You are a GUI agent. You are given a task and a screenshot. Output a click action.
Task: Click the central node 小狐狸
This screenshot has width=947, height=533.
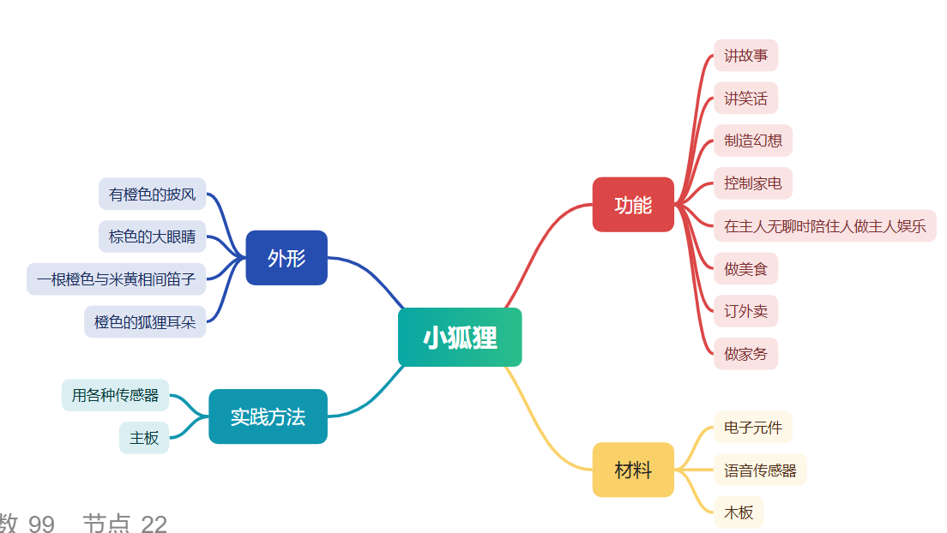point(460,337)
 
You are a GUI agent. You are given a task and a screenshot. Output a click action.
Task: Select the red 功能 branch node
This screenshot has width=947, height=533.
point(633,205)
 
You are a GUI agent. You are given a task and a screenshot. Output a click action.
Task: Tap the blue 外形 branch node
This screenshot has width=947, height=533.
point(287,258)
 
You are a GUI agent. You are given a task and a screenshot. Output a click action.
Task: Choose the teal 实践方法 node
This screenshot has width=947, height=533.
point(268,416)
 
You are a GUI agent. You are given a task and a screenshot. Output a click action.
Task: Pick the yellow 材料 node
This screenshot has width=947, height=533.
point(633,470)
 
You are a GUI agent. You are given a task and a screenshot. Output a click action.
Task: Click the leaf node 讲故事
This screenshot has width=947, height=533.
point(746,56)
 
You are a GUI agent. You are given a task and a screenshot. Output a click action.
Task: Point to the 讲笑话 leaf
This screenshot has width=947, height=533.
point(746,98)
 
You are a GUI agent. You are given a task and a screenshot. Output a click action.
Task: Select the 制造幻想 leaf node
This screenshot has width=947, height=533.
point(753,141)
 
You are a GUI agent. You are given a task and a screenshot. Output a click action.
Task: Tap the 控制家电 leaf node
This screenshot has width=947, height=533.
point(753,183)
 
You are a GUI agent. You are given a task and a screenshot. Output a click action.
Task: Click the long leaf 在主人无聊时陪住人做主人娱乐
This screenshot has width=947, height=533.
point(825,225)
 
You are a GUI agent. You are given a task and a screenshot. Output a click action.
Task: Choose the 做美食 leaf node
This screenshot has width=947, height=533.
point(746,268)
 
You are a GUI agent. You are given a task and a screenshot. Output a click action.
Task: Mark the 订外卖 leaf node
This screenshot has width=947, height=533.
point(746,311)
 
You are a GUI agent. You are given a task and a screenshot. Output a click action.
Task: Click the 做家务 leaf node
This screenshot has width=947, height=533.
point(746,354)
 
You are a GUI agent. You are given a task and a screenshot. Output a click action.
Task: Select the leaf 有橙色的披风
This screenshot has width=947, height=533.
point(152,194)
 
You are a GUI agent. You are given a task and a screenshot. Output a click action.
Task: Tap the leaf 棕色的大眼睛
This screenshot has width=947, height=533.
point(152,237)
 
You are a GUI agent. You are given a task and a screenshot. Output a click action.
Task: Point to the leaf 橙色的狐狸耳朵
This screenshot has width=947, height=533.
point(145,321)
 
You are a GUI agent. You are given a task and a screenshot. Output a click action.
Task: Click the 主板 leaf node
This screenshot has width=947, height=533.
point(144,438)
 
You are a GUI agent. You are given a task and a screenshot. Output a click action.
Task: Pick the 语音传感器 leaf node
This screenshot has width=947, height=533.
point(760,470)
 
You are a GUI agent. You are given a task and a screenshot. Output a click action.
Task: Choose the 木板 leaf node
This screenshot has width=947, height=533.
point(739,512)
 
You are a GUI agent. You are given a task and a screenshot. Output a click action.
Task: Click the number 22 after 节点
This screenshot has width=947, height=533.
point(154,524)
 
